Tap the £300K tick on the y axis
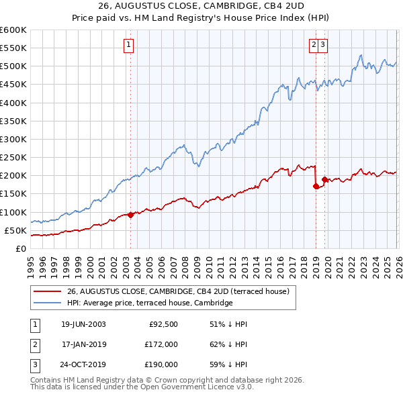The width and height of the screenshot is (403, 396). pyautogui.click(x=13, y=139)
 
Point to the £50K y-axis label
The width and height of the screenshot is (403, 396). pyautogui.click(x=15, y=230)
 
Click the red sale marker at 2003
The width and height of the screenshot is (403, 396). pyautogui.click(x=130, y=215)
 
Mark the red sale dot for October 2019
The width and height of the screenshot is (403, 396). pyautogui.click(x=324, y=179)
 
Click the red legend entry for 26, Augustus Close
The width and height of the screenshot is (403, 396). pyautogui.click(x=177, y=291)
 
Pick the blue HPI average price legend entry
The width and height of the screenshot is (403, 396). pyautogui.click(x=149, y=303)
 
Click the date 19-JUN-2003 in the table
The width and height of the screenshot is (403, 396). pyautogui.click(x=83, y=324)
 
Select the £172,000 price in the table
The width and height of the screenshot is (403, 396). pyautogui.click(x=162, y=344)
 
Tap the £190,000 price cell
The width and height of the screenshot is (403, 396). pyautogui.click(x=162, y=364)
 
